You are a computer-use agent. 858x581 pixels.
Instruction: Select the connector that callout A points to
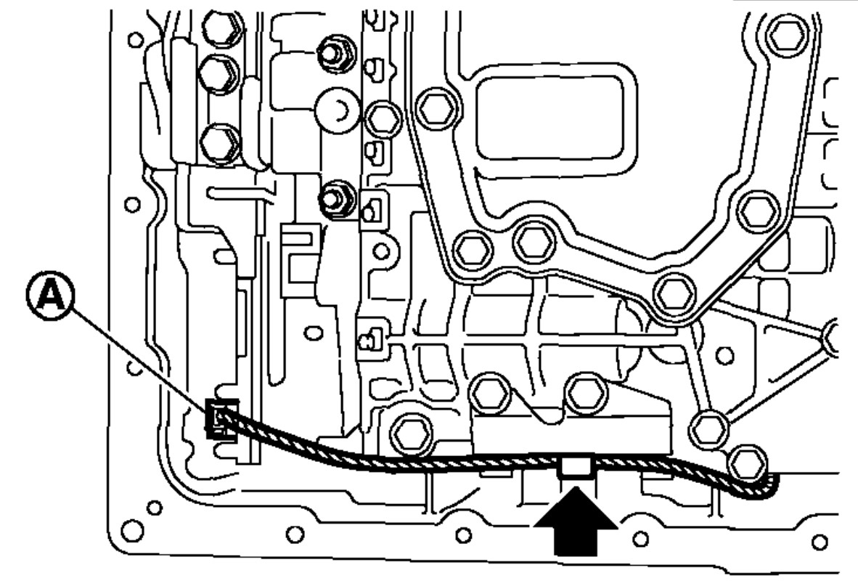click(x=219, y=420)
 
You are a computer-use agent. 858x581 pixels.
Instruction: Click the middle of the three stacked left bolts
click(x=216, y=72)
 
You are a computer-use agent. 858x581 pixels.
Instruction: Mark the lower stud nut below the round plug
click(x=336, y=196)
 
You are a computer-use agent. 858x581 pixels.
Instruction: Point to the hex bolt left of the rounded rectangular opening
click(x=438, y=108)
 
